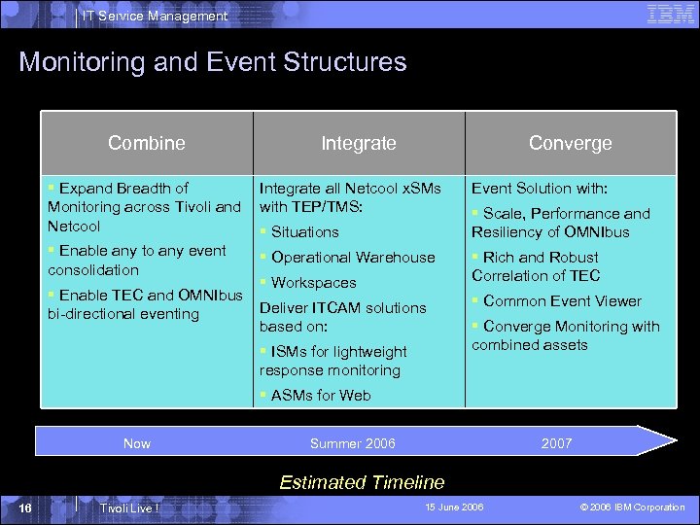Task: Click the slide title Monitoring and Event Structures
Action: pyautogui.click(x=213, y=62)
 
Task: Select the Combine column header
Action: pyautogui.click(x=147, y=143)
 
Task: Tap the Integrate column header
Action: pyautogui.click(x=359, y=143)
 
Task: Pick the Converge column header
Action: pyautogui.click(x=570, y=143)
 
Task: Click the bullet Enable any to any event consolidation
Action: pyautogui.click(x=137, y=261)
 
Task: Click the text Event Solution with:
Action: pyautogui.click(x=540, y=188)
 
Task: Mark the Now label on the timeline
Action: pyautogui.click(x=137, y=443)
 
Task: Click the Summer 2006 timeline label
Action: pyautogui.click(x=352, y=443)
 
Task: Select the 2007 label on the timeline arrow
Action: pyautogui.click(x=557, y=443)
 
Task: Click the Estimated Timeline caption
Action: pyautogui.click(x=362, y=482)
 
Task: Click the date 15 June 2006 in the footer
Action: pyautogui.click(x=454, y=507)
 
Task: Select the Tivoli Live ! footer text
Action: pyautogui.click(x=129, y=508)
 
